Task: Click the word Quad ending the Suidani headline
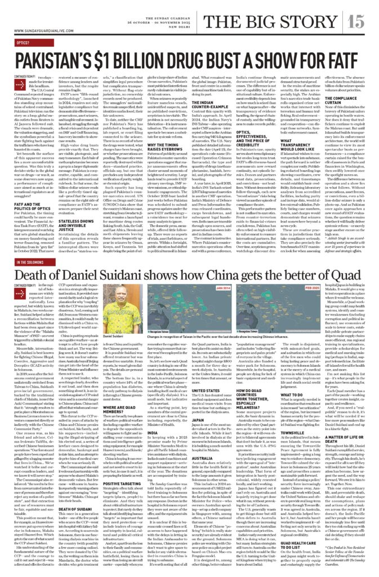pos(347,276)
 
